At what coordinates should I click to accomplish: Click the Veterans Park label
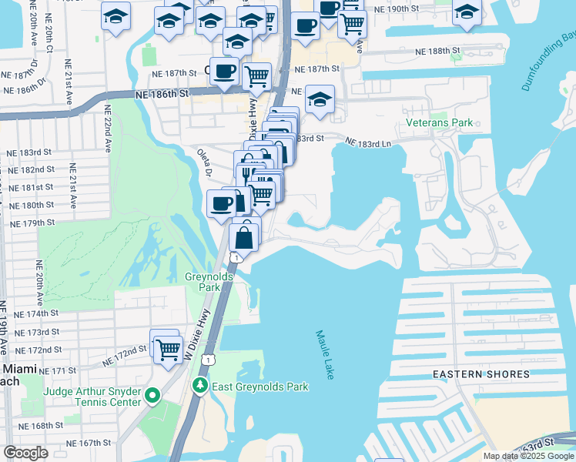point(440,122)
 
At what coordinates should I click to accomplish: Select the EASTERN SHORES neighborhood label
point(481,374)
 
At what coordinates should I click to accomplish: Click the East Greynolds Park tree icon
point(200,384)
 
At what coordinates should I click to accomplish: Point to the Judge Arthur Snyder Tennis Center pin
point(152,397)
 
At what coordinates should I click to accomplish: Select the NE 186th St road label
point(161,94)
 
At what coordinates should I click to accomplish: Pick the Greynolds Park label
point(203,282)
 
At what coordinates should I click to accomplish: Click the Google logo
point(25,453)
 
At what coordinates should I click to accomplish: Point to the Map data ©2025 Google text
point(527,456)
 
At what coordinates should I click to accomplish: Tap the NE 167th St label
point(89,444)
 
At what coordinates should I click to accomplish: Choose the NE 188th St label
point(434,50)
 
